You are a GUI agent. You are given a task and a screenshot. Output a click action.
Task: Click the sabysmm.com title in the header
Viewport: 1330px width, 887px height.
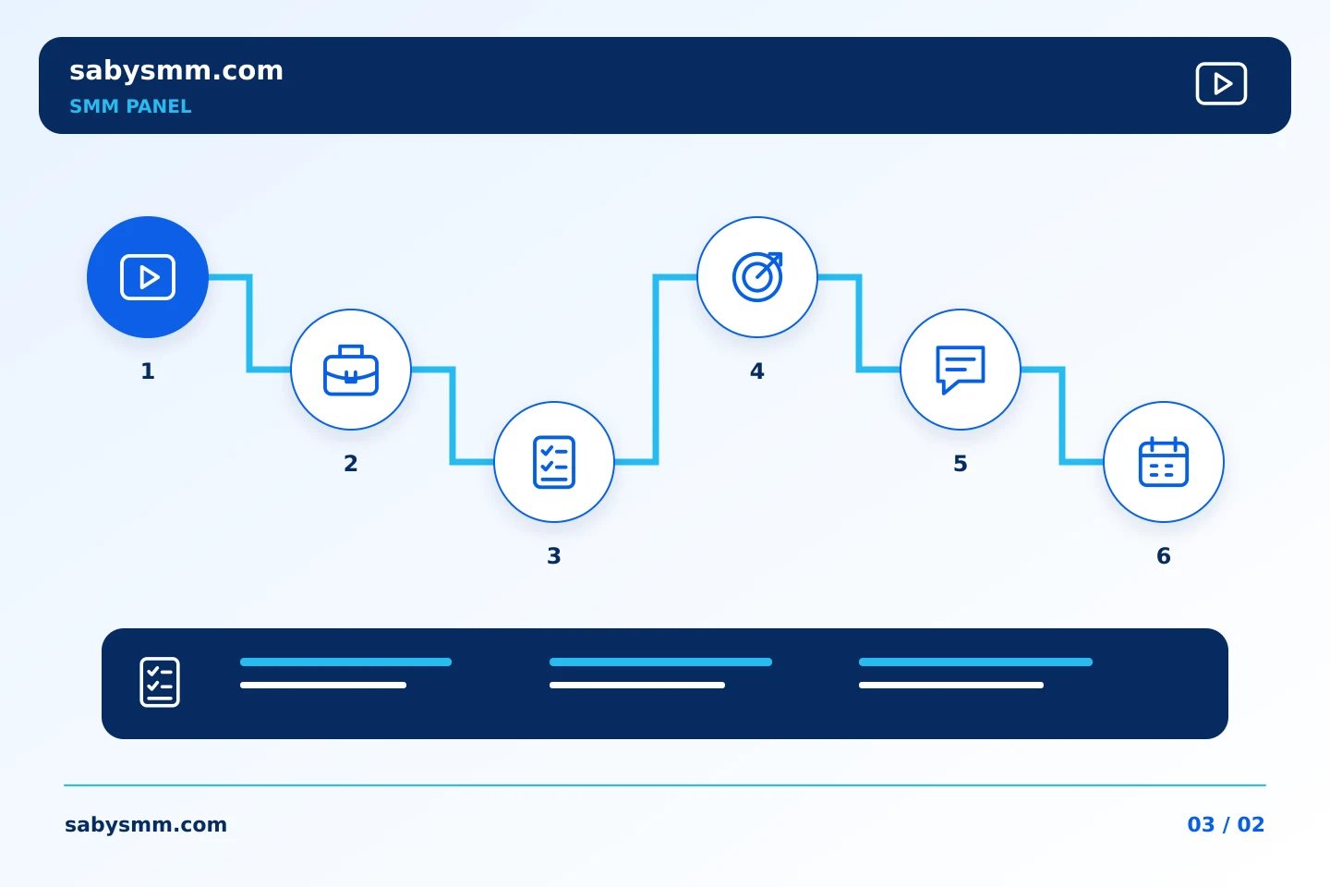pyautogui.click(x=176, y=71)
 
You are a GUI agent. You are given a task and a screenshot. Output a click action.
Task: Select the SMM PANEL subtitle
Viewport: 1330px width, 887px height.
pyautogui.click(x=130, y=106)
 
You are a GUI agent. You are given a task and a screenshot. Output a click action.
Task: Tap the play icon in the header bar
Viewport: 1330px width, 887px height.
pyautogui.click(x=1221, y=83)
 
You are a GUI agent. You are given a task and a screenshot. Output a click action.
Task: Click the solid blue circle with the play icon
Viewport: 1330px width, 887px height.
pyautogui.click(x=148, y=277)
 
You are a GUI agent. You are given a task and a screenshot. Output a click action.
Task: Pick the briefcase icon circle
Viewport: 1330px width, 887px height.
pyautogui.click(x=351, y=370)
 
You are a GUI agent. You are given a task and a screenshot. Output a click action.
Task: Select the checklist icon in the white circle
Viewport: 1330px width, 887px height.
pyautogui.click(x=554, y=462)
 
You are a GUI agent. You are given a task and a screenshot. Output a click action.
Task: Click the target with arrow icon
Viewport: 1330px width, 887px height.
pyautogui.click(x=757, y=277)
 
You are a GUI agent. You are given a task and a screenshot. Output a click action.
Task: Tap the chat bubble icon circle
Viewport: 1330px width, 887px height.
pyautogui.click(x=961, y=370)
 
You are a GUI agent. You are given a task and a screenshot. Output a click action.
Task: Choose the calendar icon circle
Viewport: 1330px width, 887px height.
pyautogui.click(x=1164, y=462)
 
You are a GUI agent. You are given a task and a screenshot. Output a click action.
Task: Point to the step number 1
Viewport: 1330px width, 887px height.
pyautogui.click(x=148, y=371)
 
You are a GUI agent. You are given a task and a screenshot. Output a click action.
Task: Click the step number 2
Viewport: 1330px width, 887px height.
pyautogui.click(x=351, y=464)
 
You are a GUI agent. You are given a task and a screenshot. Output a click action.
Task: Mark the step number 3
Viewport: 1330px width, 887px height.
pyautogui.click(x=554, y=556)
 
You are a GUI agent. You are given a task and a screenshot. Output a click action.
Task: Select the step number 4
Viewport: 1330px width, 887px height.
pyautogui.click(x=757, y=371)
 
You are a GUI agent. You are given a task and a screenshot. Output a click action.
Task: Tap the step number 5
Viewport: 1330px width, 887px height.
pyautogui.click(x=961, y=464)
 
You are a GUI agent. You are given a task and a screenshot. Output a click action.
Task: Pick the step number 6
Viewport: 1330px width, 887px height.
pyautogui.click(x=1164, y=556)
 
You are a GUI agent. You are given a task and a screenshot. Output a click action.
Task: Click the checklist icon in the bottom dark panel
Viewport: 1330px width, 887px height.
pyautogui.click(x=160, y=682)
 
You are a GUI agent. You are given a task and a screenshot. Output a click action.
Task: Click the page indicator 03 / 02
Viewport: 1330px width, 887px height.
pyautogui.click(x=1226, y=824)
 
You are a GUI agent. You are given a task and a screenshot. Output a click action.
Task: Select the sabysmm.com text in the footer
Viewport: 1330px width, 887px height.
pyautogui.click(x=146, y=824)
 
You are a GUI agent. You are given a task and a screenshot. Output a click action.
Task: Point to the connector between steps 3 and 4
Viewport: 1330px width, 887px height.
pyautogui.click(x=656, y=370)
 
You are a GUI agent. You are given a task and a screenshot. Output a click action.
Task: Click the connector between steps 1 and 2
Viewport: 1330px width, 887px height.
pyautogui.click(x=249, y=323)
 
